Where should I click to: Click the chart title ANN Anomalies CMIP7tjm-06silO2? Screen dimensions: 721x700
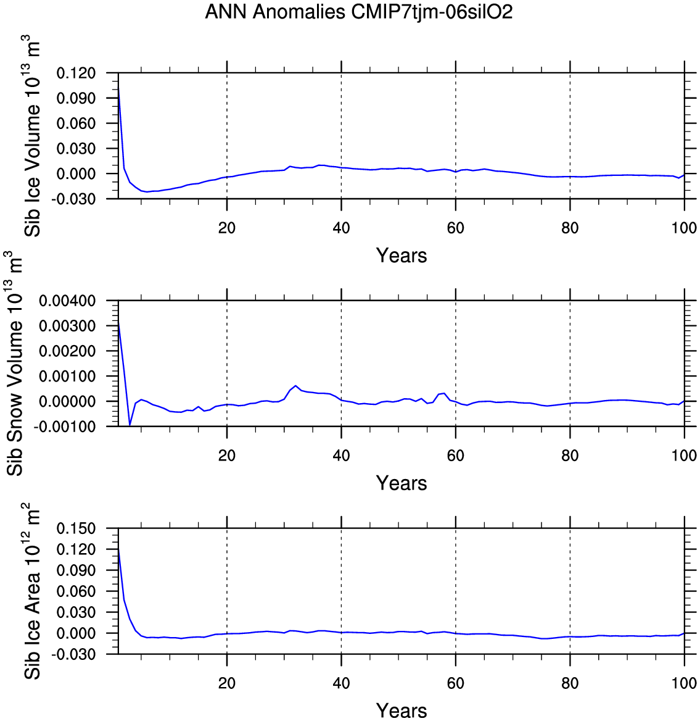[x=358, y=12]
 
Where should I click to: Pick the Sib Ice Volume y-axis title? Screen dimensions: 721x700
[x=33, y=136]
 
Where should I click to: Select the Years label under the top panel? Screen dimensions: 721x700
[x=401, y=256]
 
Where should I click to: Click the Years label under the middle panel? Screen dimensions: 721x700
[x=401, y=483]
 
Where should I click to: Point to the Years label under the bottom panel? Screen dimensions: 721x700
[x=401, y=711]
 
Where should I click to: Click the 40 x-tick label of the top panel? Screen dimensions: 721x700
[x=341, y=228]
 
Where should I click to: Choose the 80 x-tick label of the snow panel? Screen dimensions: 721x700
[x=570, y=456]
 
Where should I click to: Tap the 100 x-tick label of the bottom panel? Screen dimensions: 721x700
[x=684, y=683]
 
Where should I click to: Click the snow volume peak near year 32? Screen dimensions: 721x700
[x=296, y=386]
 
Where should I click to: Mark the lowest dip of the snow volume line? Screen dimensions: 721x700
[x=130, y=425]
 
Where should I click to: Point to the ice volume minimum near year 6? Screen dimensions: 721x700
[x=147, y=192]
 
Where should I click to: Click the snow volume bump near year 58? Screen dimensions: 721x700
[x=444, y=393]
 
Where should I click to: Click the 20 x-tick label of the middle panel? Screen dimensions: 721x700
[x=227, y=456]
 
